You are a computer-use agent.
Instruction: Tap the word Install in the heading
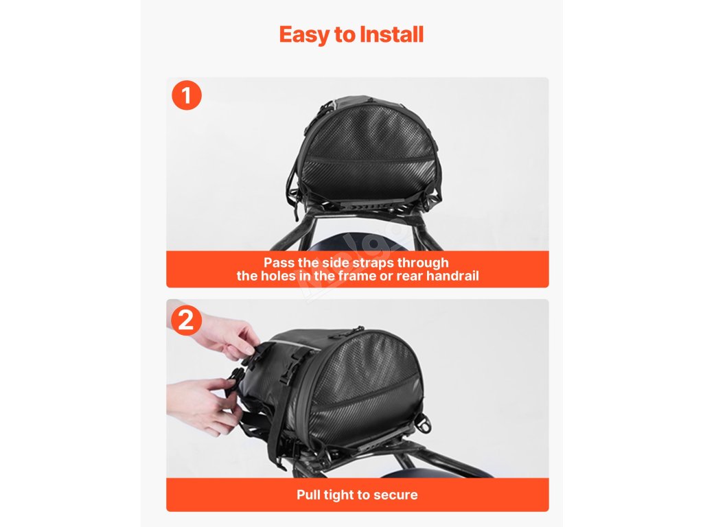point(391,34)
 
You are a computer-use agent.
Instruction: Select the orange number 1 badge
point(187,95)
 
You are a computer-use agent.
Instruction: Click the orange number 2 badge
point(187,320)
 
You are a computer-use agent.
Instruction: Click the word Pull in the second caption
point(308,495)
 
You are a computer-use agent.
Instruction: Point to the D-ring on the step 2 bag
point(424,422)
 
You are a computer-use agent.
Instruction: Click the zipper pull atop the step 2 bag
point(358,330)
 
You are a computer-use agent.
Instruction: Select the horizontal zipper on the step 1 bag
point(369,159)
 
